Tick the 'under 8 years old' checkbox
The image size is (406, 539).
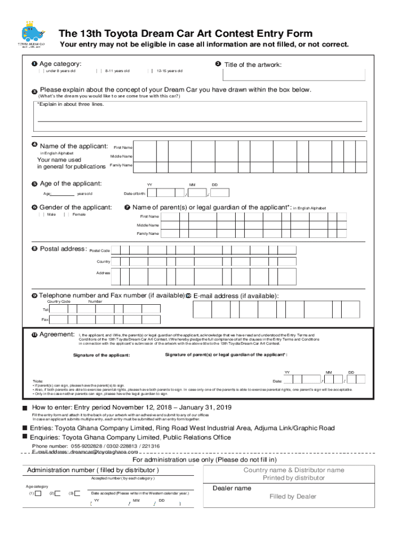coord(43,71)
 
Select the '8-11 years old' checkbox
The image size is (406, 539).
coord(99,71)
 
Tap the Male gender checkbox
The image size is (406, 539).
coord(43,214)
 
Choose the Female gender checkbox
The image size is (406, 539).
coord(67,214)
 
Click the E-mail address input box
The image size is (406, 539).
coord(276,310)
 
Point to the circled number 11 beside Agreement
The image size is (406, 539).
coord(34,335)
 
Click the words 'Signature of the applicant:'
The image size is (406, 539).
coord(101,355)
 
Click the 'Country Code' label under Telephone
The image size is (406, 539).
coord(59,302)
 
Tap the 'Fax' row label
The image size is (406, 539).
coord(45,320)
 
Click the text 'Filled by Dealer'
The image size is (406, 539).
coord(293,496)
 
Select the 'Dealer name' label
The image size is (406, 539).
coord(231,488)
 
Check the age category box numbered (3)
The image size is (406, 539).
coord(78,493)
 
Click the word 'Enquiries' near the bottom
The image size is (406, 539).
coord(44,437)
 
